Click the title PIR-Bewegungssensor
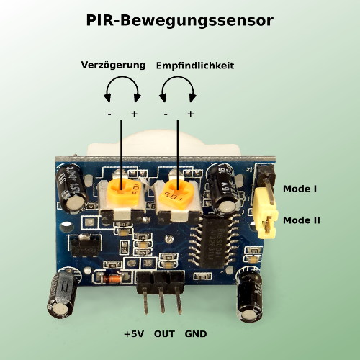[x=180, y=21]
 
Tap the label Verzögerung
[x=113, y=65]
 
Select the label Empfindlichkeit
[x=195, y=66]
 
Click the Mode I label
[x=300, y=189]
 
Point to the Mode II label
[x=302, y=220]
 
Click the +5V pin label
[x=134, y=334]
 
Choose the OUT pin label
[x=164, y=334]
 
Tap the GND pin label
[x=196, y=334]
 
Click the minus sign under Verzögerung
[x=109, y=114]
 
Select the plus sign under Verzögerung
[x=134, y=114]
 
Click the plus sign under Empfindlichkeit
[x=191, y=114]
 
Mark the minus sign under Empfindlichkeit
[x=166, y=114]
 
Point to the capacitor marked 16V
[x=223, y=189]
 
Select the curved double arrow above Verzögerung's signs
[x=122, y=77]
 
